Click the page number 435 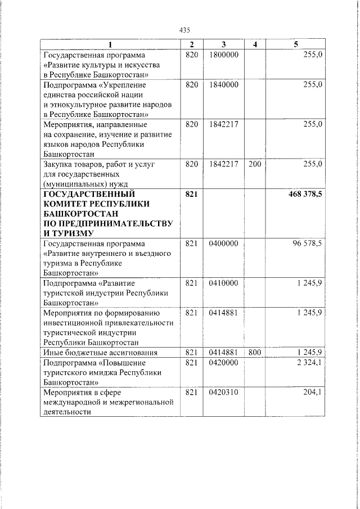tap(184, 30)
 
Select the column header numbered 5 tap(296, 44)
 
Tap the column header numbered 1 tap(110, 44)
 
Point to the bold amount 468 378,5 tap(304, 195)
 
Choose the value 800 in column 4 tap(255, 352)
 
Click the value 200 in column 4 tap(255, 164)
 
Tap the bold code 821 tap(192, 195)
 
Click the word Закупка tap(58, 164)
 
